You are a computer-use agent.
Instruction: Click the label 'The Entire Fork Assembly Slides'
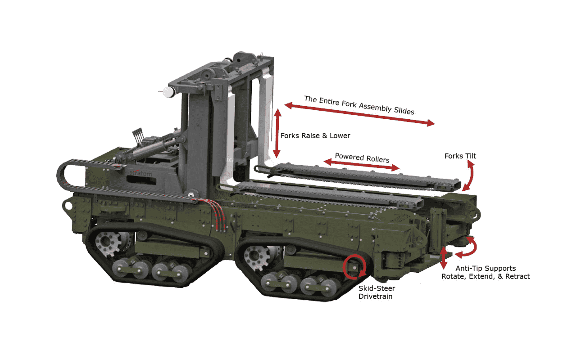pyautogui.click(x=359, y=105)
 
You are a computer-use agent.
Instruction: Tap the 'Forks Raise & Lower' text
pyautogui.click(x=315, y=135)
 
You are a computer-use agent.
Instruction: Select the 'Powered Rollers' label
pyautogui.click(x=362, y=158)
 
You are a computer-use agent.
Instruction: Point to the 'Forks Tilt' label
pyautogui.click(x=460, y=156)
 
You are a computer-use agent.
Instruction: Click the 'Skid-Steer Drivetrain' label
pyautogui.click(x=377, y=292)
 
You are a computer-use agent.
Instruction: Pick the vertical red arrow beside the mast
pyautogui.click(x=277, y=133)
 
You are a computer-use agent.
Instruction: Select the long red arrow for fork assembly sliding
pyautogui.click(x=359, y=114)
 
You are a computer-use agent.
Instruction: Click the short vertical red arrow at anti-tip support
pyautogui.click(x=444, y=257)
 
